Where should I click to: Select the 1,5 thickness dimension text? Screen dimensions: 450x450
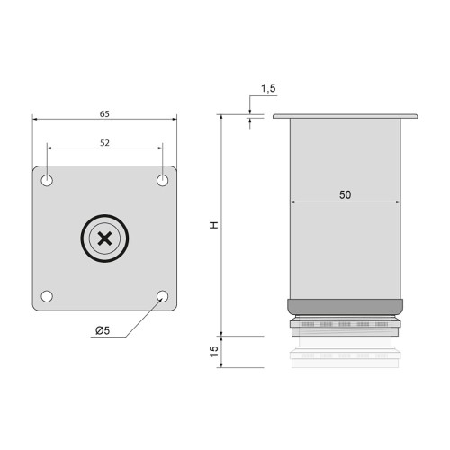point(268,88)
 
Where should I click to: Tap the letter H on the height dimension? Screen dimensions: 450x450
point(214,223)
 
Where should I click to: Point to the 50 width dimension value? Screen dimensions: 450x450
point(345,194)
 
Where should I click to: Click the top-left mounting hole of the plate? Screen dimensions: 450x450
point(48,181)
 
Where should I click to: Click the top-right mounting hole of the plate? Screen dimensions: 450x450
point(163,181)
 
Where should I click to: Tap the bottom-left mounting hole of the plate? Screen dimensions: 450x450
point(48,295)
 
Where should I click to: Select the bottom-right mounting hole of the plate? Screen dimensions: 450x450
point(163,295)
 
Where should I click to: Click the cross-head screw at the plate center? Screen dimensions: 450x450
point(105,238)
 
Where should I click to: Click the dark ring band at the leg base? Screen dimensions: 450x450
point(345,306)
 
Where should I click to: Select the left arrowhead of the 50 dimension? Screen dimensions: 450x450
point(292,203)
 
